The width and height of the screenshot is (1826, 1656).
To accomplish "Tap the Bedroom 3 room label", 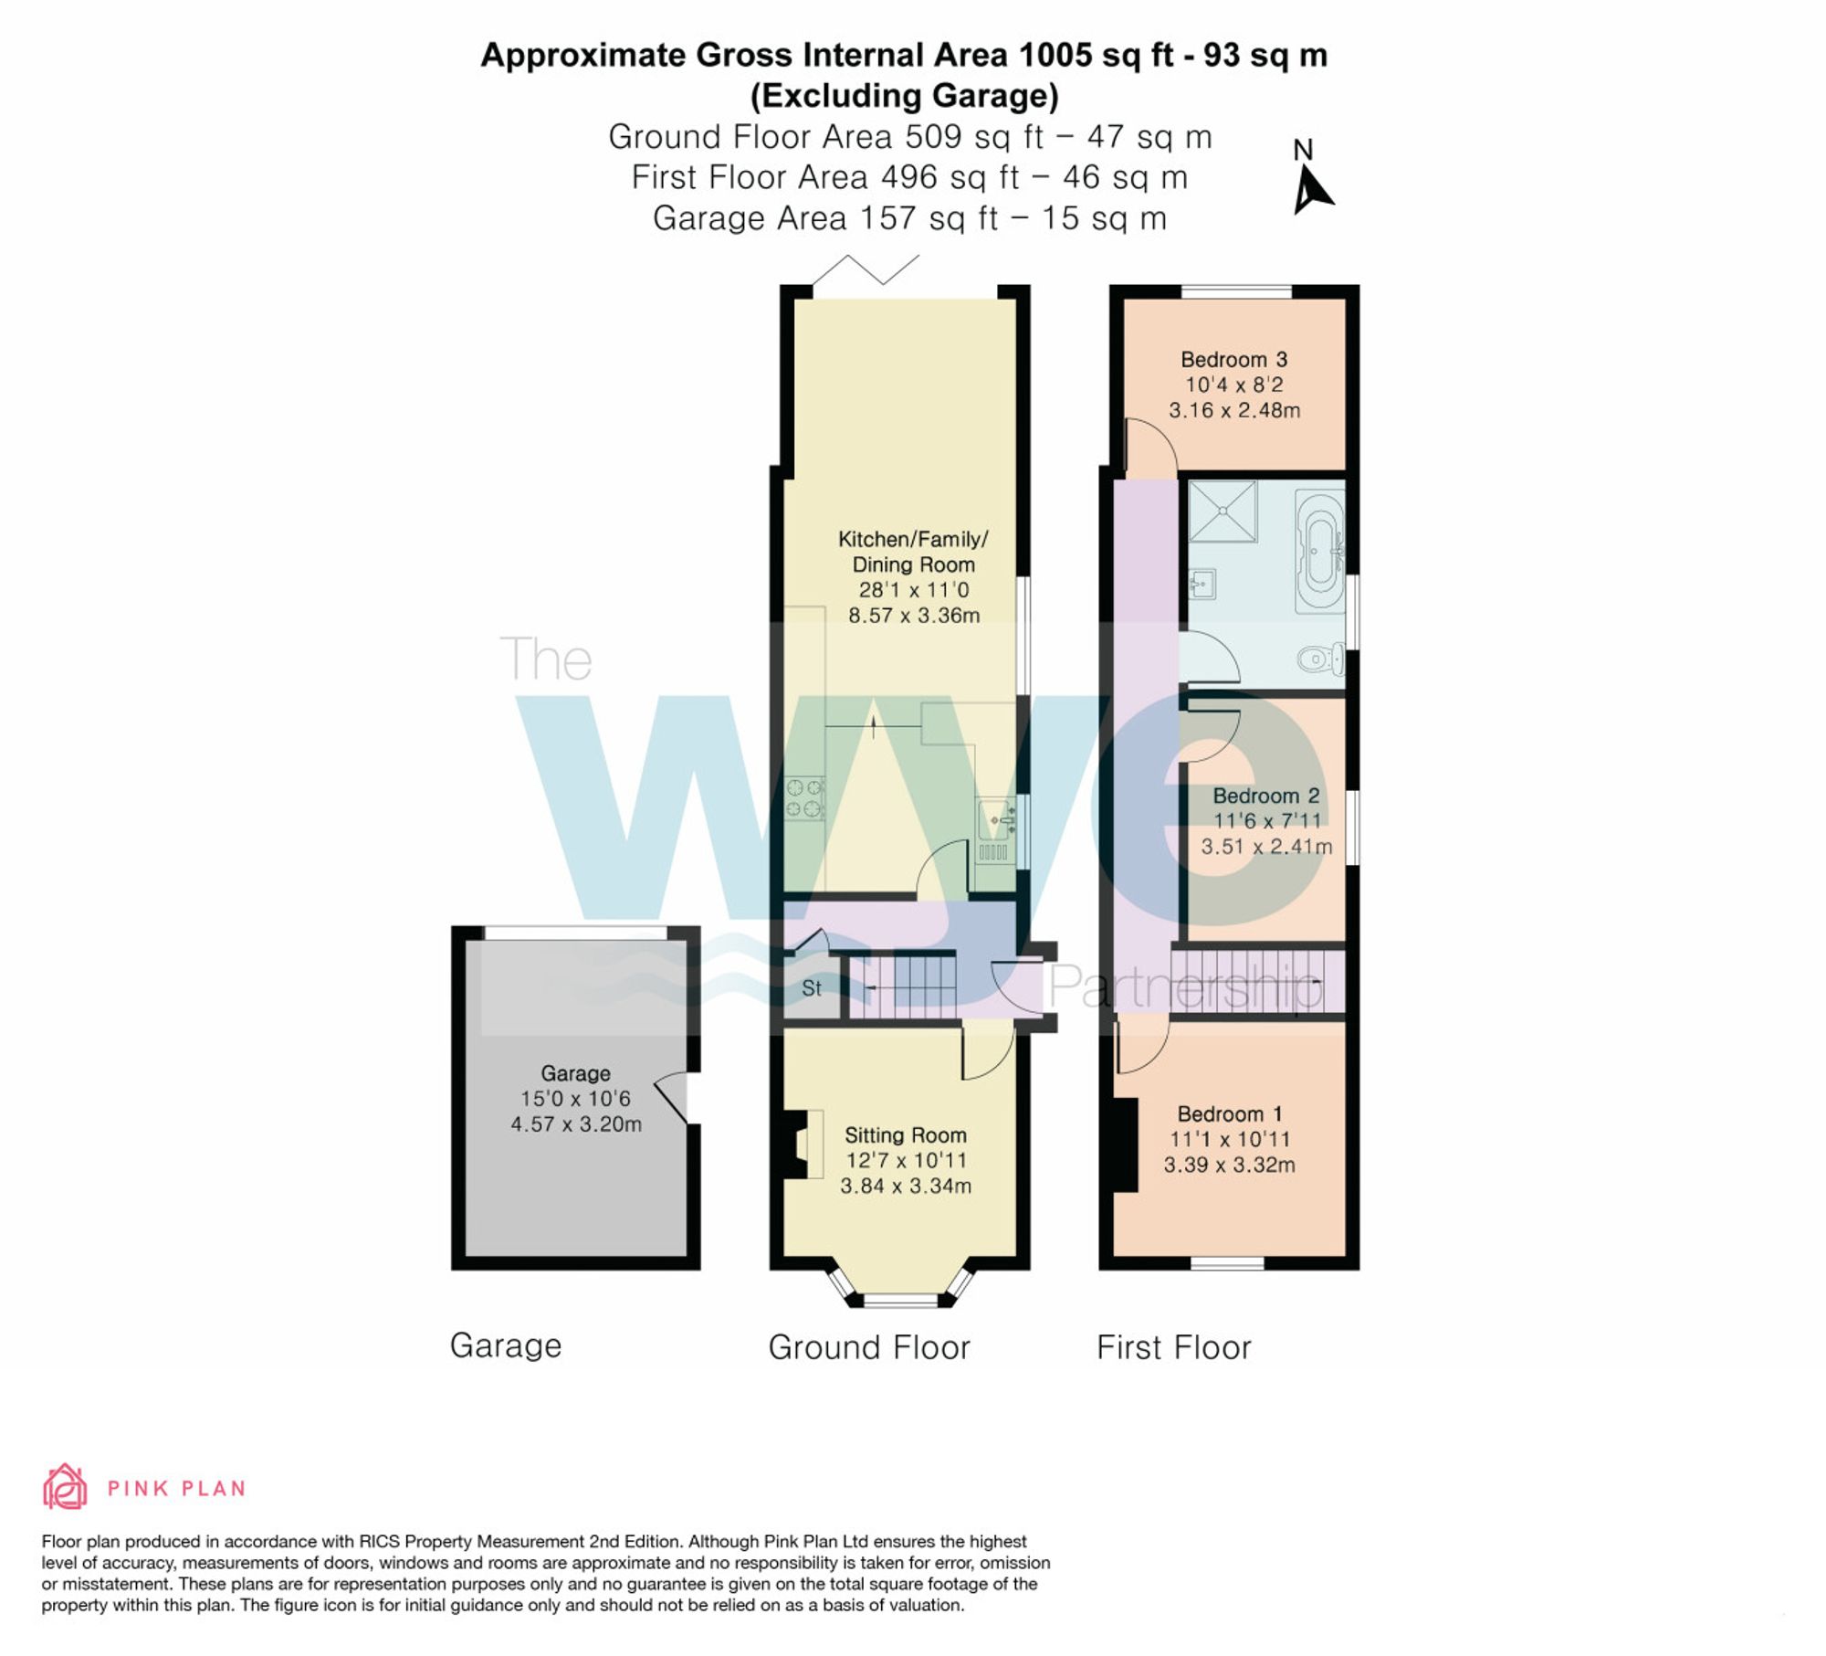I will pyautogui.click(x=1233, y=359).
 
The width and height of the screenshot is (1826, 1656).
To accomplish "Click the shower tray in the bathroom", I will pyautogui.click(x=1223, y=511).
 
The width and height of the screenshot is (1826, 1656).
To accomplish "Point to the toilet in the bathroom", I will pyautogui.click(x=1320, y=657).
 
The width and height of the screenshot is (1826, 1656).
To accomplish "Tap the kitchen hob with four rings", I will pyautogui.click(x=805, y=797).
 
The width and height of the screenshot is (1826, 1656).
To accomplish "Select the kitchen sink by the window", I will pyautogui.click(x=995, y=819).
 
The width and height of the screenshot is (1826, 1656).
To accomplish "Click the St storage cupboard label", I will pyautogui.click(x=811, y=988).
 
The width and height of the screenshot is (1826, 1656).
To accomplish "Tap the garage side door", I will pyautogui.click(x=674, y=1097).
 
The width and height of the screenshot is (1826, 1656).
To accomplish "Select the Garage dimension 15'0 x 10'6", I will pyautogui.click(x=575, y=1099).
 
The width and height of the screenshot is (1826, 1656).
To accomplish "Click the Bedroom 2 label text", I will pyautogui.click(x=1265, y=796).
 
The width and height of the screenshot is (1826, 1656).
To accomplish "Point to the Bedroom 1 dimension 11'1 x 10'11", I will pyautogui.click(x=1229, y=1139).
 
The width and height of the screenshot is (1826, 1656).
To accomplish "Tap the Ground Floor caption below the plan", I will pyautogui.click(x=868, y=1347).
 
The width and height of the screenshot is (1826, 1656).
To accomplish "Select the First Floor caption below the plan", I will pyautogui.click(x=1173, y=1347).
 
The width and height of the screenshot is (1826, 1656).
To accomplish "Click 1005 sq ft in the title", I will pyautogui.click(x=1096, y=55).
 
